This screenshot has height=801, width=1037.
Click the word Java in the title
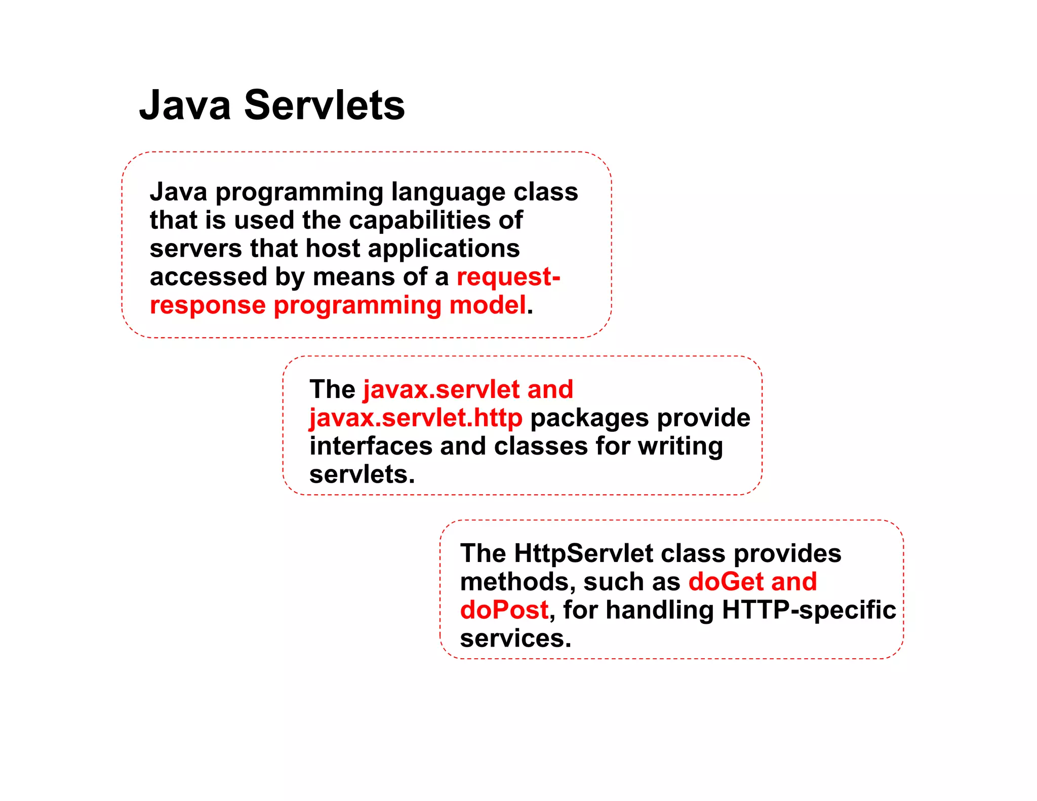tap(185, 105)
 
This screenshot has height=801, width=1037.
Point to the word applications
tap(444, 249)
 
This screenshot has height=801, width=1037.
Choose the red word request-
tap(508, 277)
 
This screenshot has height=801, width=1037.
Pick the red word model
tap(488, 305)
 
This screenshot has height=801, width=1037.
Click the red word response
tap(208, 306)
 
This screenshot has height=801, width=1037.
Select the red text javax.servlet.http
tap(416, 418)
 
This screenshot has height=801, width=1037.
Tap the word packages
tap(589, 419)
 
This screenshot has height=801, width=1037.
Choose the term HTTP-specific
tap(809, 610)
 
